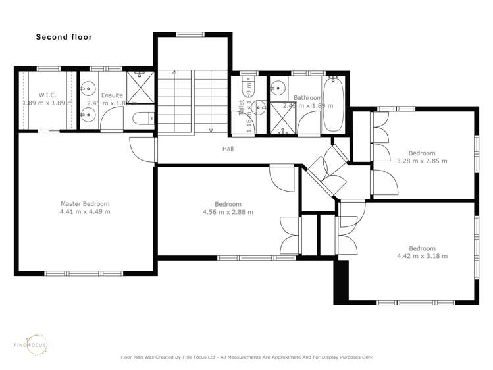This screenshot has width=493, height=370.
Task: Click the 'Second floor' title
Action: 64,37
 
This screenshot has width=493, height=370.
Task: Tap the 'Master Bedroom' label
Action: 85,204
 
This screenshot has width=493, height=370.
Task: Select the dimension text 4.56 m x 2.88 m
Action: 228,212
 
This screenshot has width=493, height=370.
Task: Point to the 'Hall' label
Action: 228,149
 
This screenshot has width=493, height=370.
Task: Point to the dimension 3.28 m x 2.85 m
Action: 422,160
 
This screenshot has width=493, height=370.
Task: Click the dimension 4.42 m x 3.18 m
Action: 422,256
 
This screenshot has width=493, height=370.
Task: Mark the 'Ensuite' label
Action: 112,95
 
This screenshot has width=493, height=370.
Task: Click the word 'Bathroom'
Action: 307,97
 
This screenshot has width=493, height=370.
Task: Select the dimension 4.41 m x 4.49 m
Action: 85,212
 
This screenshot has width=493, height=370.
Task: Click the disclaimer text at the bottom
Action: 246,357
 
